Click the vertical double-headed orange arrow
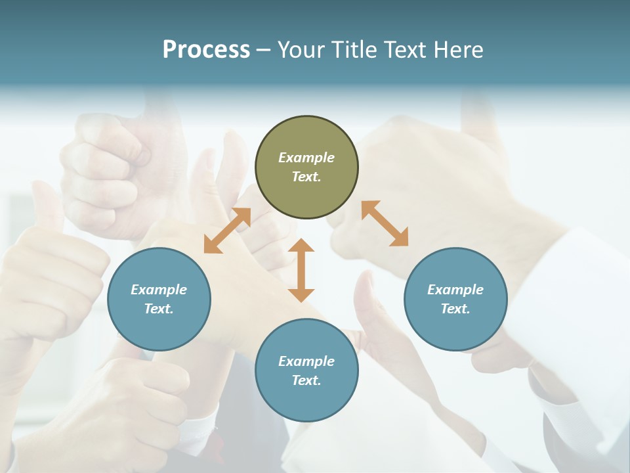click(x=301, y=271)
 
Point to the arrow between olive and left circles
click(x=227, y=231)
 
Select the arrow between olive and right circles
click(x=385, y=223)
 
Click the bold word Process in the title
click(x=206, y=49)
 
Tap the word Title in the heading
click(x=354, y=49)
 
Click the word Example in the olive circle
click(x=306, y=158)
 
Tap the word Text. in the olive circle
click(x=306, y=177)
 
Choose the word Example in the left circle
click(x=159, y=290)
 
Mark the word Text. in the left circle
click(x=159, y=309)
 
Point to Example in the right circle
click(x=455, y=290)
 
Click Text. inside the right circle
click(x=455, y=309)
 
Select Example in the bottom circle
click(x=306, y=361)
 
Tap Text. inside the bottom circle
click(x=306, y=380)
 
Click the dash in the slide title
click(x=264, y=50)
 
